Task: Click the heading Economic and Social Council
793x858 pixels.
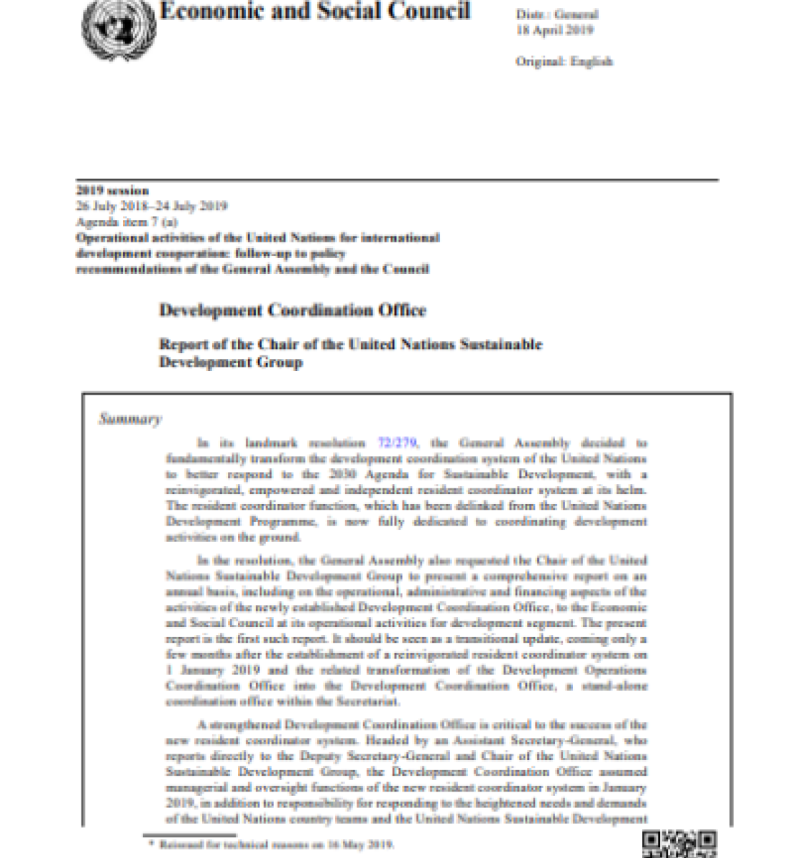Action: (x=314, y=11)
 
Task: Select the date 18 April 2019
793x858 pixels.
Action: (x=554, y=30)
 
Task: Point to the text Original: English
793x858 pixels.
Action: (x=564, y=61)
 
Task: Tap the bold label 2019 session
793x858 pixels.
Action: (x=112, y=190)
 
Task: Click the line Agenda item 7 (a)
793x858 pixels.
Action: (x=126, y=222)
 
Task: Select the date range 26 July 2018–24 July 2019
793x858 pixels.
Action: (x=151, y=206)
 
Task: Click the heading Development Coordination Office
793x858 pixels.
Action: (x=292, y=310)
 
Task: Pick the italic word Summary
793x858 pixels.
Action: (x=130, y=419)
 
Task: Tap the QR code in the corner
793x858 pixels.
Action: (x=679, y=844)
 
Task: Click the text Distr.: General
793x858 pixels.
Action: (x=557, y=14)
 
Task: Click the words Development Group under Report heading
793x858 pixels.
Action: (x=230, y=363)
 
